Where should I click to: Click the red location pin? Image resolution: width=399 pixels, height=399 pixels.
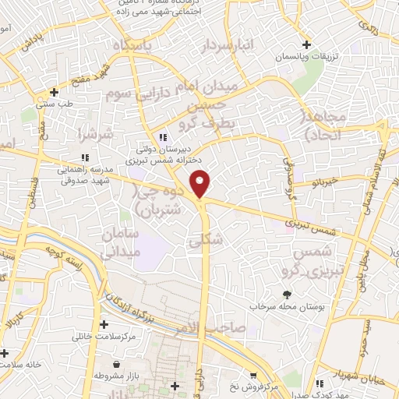click(x=201, y=184)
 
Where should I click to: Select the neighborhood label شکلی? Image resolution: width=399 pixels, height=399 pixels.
click(x=206, y=242)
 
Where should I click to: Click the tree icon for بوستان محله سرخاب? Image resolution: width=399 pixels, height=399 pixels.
click(x=286, y=295)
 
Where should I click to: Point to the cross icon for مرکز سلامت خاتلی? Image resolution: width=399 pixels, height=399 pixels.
click(x=104, y=324)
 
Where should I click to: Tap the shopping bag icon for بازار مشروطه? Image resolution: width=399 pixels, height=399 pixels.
click(x=116, y=365)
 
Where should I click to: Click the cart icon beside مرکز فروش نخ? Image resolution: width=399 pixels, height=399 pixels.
click(x=252, y=376)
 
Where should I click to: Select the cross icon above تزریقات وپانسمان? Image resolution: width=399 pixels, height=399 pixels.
click(x=307, y=45)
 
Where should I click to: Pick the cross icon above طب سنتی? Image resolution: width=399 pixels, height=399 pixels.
click(x=54, y=92)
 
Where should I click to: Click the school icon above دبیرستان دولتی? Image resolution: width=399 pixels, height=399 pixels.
click(x=162, y=137)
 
